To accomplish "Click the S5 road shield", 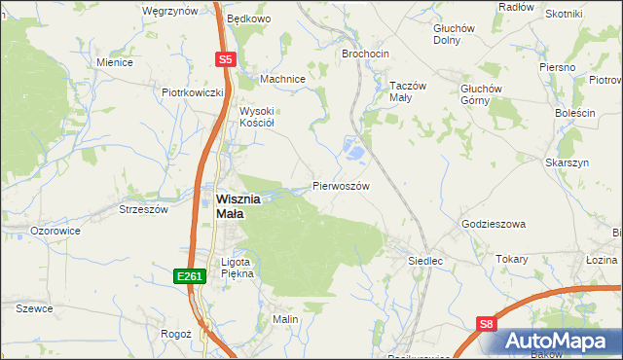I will [x=225, y=59].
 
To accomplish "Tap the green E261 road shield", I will [x=190, y=277].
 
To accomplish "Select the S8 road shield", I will [x=488, y=322].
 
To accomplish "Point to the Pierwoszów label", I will [x=341, y=185].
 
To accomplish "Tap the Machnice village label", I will [x=283, y=79].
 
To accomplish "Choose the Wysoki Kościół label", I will [x=257, y=117].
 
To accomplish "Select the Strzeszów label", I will [x=143, y=208].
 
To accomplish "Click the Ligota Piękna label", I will [x=238, y=268].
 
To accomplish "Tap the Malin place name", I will [x=284, y=319].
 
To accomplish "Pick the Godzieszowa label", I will [x=493, y=224].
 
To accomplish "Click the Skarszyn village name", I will [x=568, y=162].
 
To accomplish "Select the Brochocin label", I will [x=366, y=54].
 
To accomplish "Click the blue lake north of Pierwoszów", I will [x=352, y=151].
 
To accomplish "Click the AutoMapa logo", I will [x=559, y=341].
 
